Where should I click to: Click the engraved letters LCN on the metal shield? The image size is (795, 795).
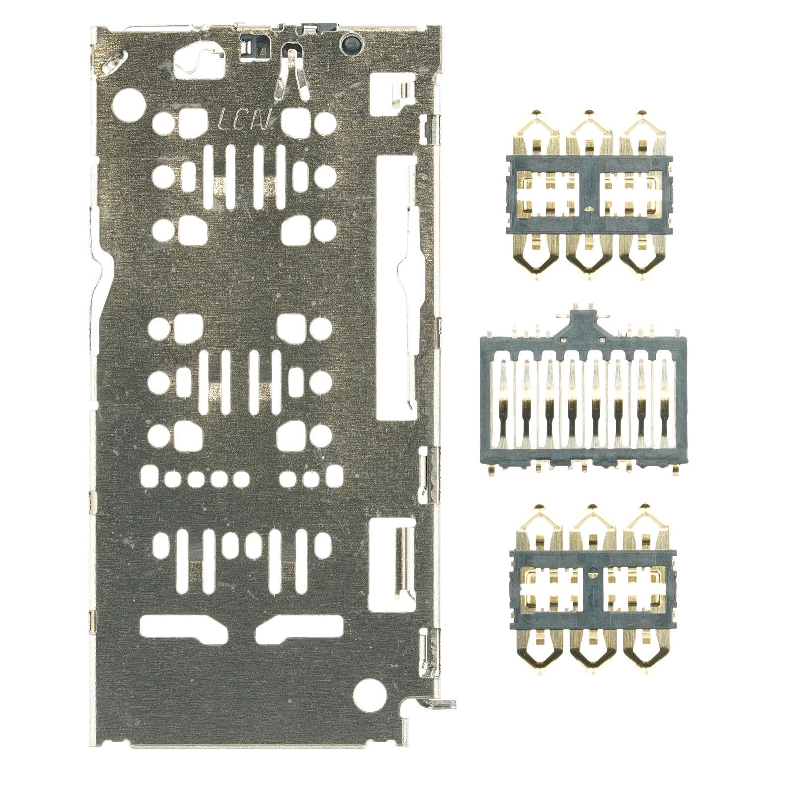click(x=246, y=120)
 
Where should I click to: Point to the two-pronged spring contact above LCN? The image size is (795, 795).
click(x=291, y=75)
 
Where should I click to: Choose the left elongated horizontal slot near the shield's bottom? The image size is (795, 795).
click(x=183, y=627)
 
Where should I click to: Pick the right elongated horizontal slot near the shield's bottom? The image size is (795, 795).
click(x=300, y=627)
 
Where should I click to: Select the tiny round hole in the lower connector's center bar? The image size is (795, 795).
click(x=593, y=573)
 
